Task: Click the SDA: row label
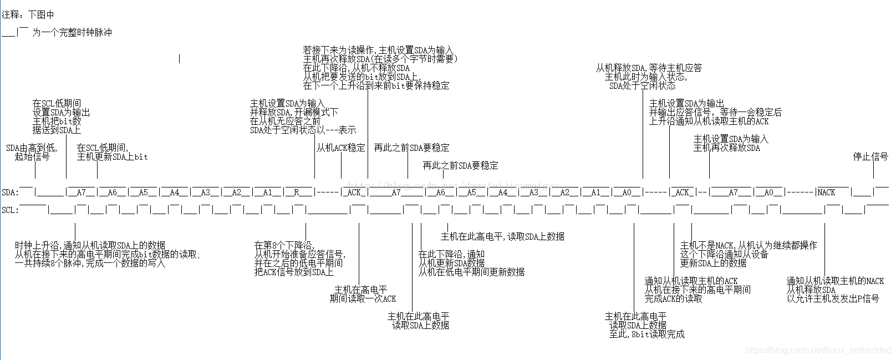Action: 10,192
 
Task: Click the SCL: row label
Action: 10,210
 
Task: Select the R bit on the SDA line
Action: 297,192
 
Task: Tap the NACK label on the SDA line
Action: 826,192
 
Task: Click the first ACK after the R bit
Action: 354,192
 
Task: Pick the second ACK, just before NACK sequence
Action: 682,192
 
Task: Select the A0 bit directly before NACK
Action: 768,192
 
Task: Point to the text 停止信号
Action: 870,157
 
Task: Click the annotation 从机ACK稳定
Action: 341,148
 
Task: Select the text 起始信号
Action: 32,157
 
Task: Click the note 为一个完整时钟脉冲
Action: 72,33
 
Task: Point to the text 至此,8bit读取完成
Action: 646,334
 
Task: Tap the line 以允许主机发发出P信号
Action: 833,299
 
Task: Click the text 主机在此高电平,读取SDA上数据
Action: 502,237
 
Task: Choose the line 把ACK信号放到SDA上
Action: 294,272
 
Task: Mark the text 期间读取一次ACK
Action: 363,299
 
